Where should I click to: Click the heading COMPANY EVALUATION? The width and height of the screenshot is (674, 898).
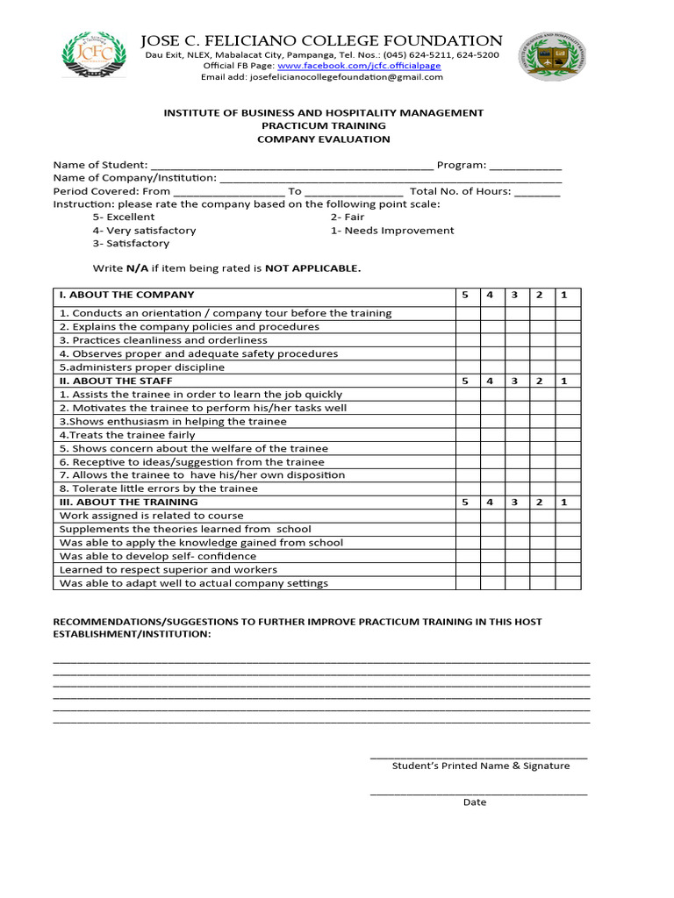(x=323, y=139)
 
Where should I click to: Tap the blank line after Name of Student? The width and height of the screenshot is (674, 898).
(x=292, y=166)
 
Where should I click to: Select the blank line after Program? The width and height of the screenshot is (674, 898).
(x=525, y=166)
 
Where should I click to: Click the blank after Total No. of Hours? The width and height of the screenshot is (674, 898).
(x=537, y=192)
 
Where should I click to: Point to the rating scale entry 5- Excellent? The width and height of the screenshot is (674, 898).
(x=124, y=217)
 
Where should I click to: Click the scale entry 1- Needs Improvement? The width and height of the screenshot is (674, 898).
(x=392, y=231)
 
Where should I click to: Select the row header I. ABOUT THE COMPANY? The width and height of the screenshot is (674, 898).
(x=126, y=295)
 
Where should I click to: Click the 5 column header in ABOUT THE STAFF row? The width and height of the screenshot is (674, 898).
(x=466, y=381)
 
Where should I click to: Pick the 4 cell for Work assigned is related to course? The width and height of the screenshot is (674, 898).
(x=491, y=516)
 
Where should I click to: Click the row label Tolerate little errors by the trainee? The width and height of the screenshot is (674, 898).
(x=158, y=488)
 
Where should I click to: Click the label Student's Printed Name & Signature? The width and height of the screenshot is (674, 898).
(x=480, y=766)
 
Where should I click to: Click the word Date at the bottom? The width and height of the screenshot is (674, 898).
(x=475, y=802)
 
